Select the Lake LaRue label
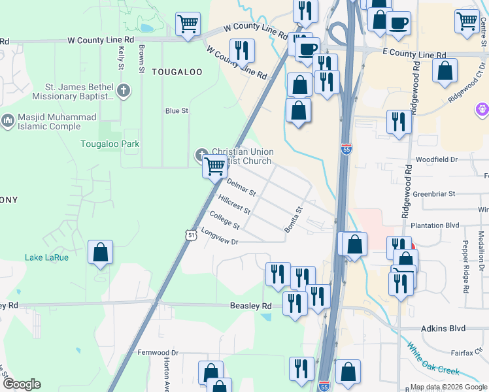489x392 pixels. coord(46,257)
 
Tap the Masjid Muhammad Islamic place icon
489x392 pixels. coord(8,121)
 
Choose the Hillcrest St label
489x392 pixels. coord(235,205)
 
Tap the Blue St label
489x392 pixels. coord(177,111)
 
